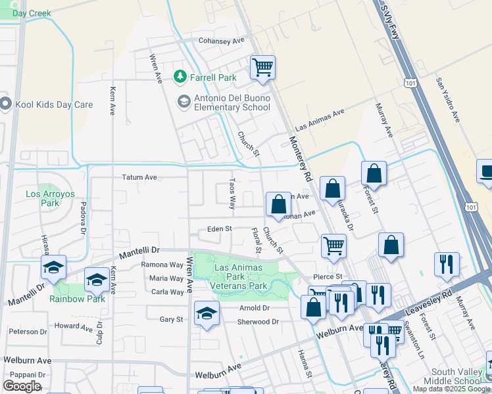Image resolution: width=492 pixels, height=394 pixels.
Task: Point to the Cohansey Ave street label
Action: point(222,40)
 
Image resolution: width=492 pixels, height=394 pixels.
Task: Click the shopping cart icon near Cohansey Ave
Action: point(262,67)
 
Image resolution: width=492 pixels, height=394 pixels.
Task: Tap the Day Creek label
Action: point(31,13)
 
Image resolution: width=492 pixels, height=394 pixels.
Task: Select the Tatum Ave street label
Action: point(139,177)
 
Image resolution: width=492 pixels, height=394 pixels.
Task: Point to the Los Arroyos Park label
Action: point(42,198)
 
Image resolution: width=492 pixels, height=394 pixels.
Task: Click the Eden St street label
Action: point(219,229)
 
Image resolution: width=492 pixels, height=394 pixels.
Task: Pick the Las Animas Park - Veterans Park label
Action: point(239,276)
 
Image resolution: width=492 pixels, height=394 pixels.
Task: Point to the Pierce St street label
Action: point(328,277)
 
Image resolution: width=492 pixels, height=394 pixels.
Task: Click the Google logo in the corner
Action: point(22,385)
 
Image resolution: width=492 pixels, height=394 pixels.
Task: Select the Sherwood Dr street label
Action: point(258,322)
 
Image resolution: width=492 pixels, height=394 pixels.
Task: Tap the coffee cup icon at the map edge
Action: point(485,172)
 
